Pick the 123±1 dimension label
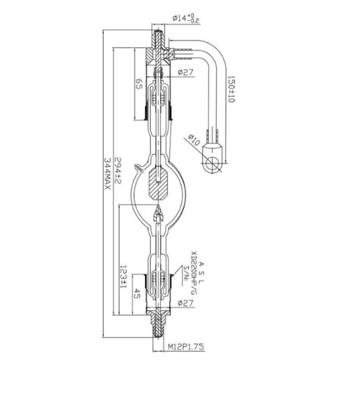pyautogui.click(x=123, y=275)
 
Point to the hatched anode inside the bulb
pyautogui.click(x=158, y=184)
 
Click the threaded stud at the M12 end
pyautogui.click(x=158, y=331)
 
